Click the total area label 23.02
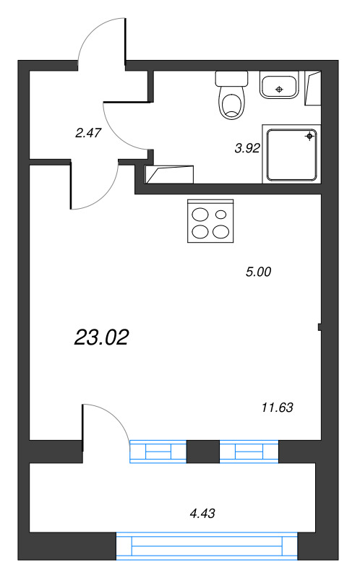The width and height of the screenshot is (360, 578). pyautogui.click(x=101, y=337)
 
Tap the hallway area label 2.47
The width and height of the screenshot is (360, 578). pyautogui.click(x=87, y=133)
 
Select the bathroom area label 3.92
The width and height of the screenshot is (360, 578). pyautogui.click(x=247, y=149)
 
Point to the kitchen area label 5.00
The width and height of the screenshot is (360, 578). pyautogui.click(x=258, y=272)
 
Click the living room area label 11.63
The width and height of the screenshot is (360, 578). pyautogui.click(x=278, y=407)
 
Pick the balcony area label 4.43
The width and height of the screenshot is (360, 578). pyautogui.click(x=202, y=513)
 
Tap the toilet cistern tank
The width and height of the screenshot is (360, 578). pyautogui.click(x=231, y=79)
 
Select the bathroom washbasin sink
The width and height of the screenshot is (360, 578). pyautogui.click(x=279, y=85)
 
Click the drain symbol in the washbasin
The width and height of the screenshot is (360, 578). pyautogui.click(x=279, y=89)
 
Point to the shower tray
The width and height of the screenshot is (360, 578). pyautogui.click(x=291, y=155)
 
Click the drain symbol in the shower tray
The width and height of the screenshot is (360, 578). pyautogui.click(x=309, y=137)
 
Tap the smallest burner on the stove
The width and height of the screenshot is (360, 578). pyautogui.click(x=221, y=214)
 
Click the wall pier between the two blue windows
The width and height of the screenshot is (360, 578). pyautogui.click(x=203, y=452)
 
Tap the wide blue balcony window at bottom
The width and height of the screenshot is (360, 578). pyautogui.click(x=207, y=546)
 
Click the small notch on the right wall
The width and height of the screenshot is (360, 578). pyautogui.click(x=320, y=327)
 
